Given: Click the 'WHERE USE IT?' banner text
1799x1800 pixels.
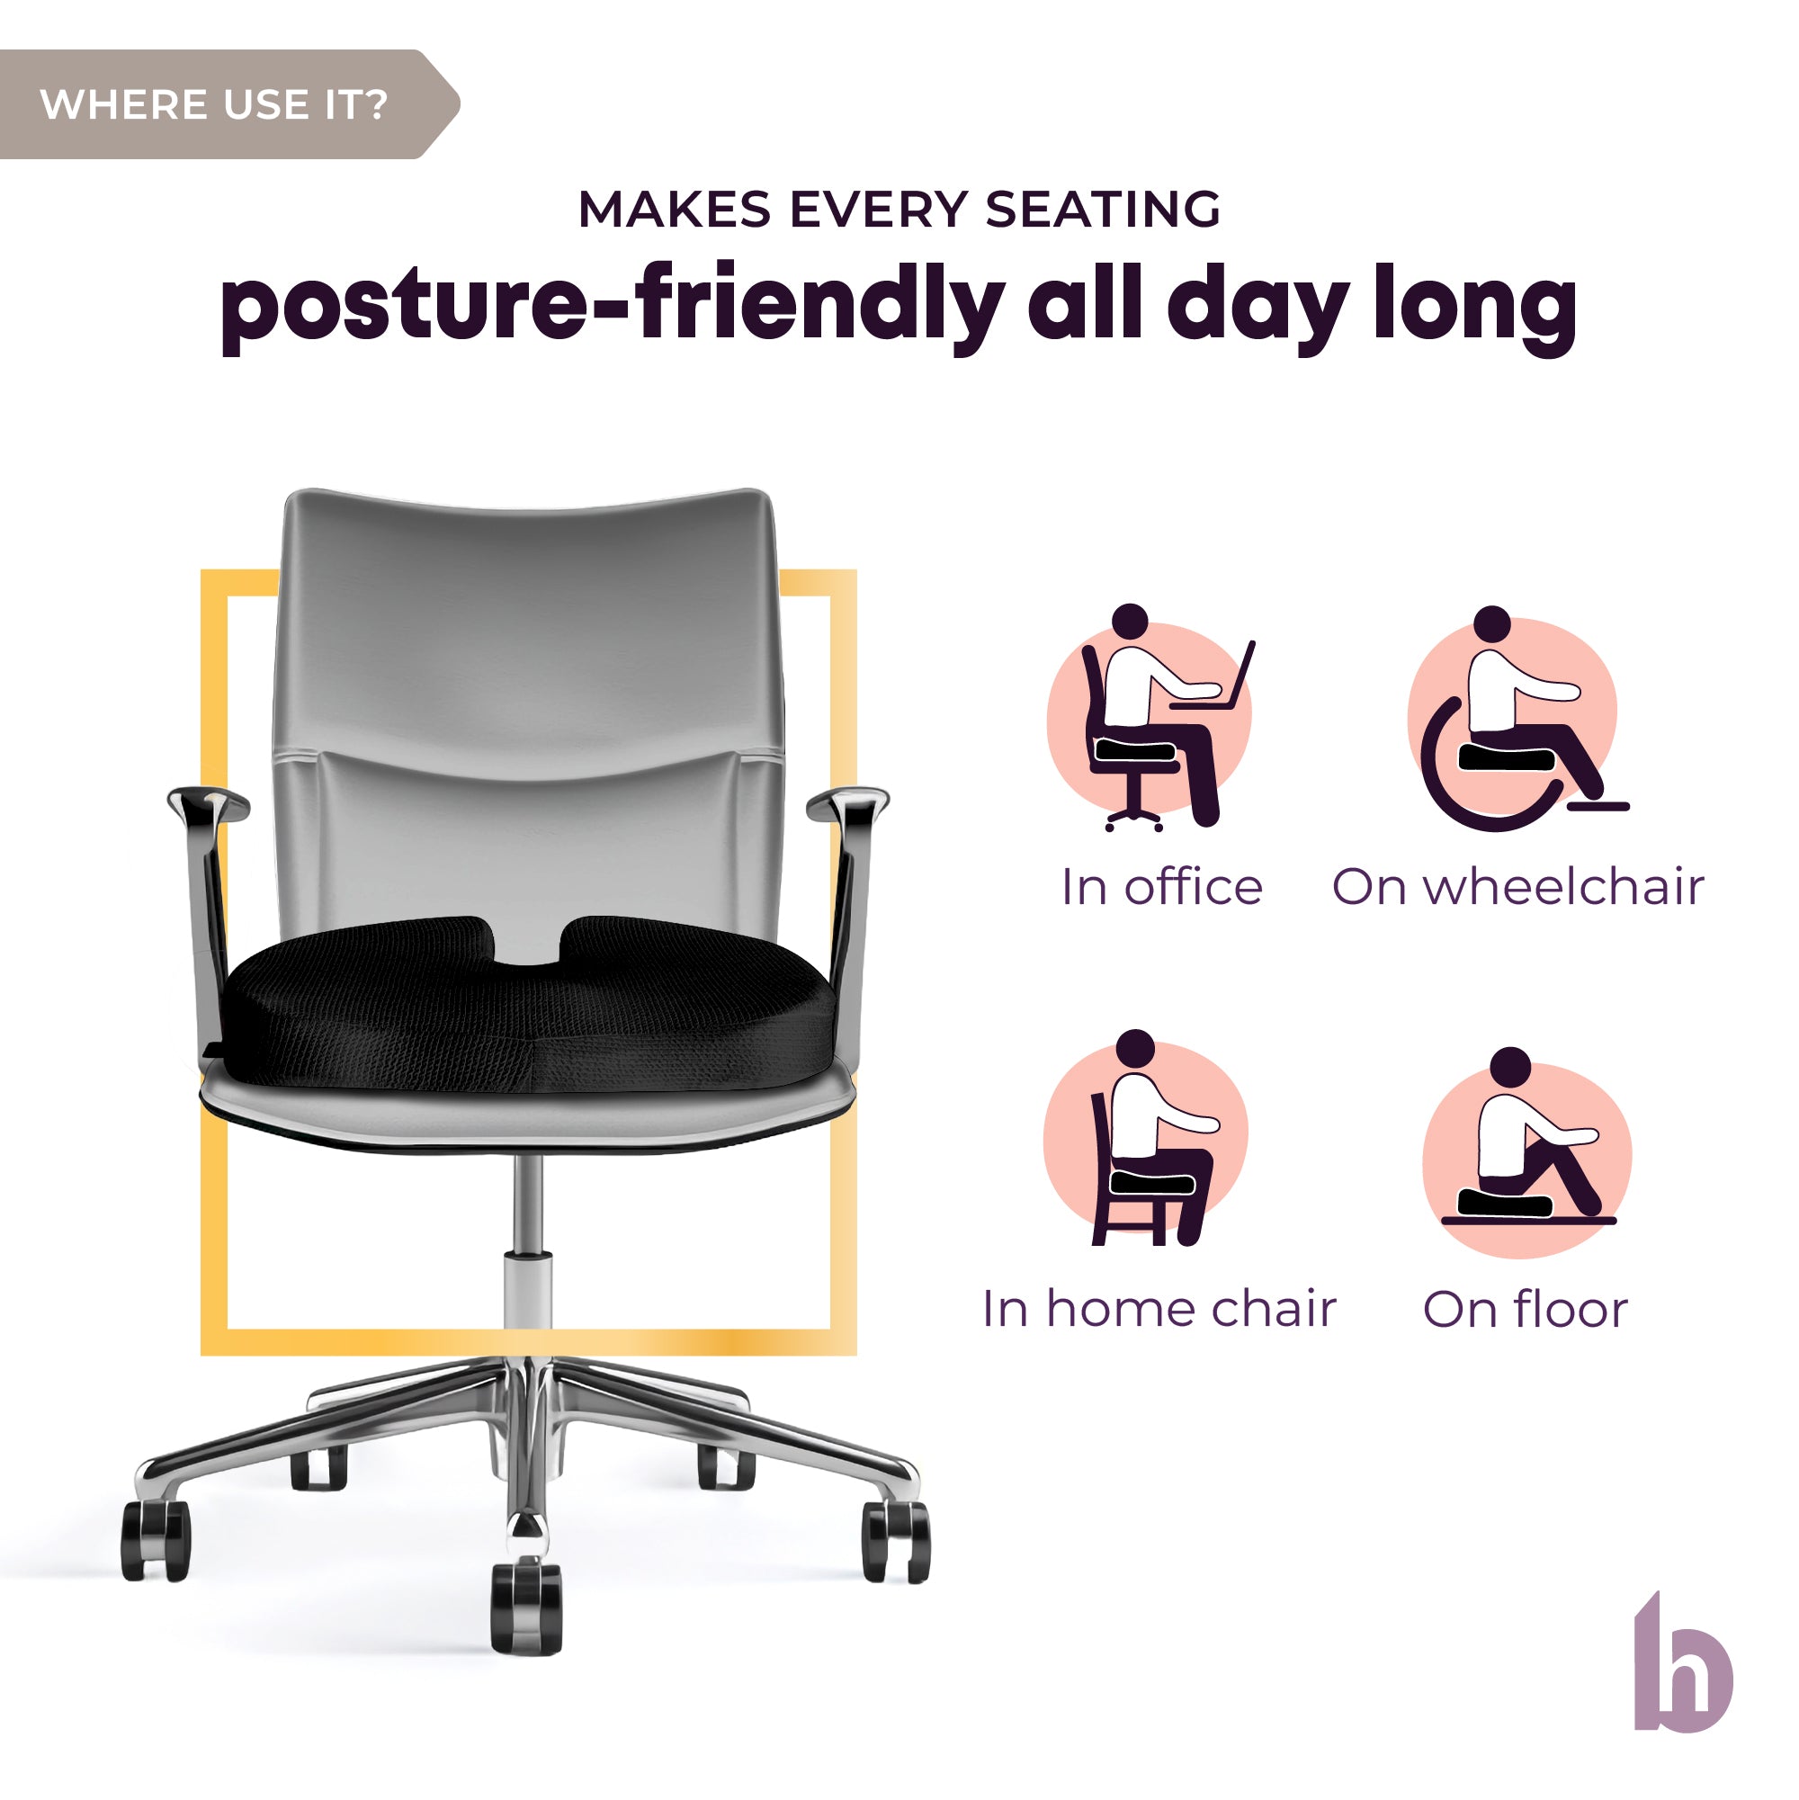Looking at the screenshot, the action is coord(213,104).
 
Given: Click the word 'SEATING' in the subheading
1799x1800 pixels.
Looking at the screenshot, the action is coord(1103,209).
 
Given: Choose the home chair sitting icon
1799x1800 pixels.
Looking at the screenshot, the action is coord(1146,1139).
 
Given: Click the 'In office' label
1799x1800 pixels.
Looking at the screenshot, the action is coord(1162,888).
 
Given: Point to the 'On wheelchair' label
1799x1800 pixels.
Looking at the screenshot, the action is coord(1518,887).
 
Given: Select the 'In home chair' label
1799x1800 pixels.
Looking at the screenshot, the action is coord(1159,1309).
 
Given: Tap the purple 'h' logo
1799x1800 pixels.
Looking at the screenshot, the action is coord(1684,1675).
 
